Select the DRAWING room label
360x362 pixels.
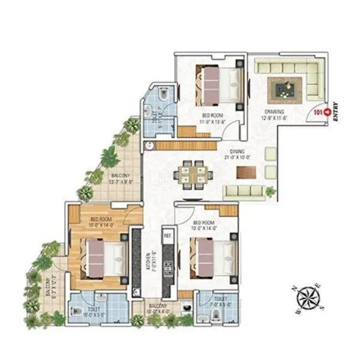coord(275,112)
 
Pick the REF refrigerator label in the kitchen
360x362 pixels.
coord(168,236)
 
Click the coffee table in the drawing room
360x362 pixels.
coord(283,89)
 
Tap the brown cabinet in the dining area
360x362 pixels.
coord(246,171)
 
